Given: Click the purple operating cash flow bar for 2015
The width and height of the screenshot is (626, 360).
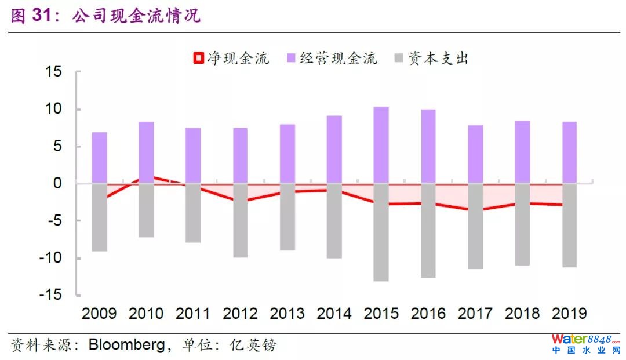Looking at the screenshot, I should [x=381, y=145].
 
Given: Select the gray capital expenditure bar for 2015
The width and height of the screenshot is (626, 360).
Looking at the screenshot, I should [x=381, y=232].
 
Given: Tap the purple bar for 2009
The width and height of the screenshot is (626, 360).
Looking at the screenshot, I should [x=99, y=158].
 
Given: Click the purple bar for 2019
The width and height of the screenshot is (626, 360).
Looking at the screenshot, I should [x=569, y=152].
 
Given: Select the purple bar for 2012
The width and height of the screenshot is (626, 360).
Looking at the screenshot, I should [x=240, y=155].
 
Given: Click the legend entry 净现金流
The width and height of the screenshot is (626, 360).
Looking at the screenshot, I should [x=232, y=59].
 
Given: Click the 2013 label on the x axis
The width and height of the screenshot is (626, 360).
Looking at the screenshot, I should [x=287, y=314].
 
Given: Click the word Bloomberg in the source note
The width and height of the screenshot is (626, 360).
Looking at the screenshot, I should [x=126, y=346].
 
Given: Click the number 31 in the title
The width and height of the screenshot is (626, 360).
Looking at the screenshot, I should [x=45, y=16].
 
